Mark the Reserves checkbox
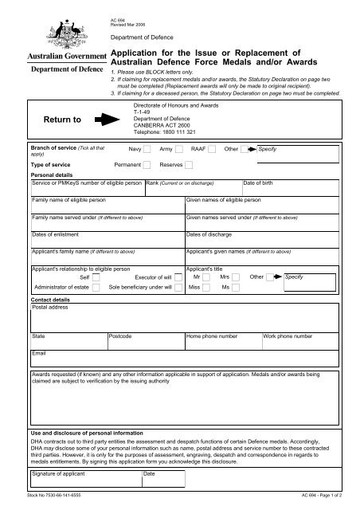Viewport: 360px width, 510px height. point(190,165)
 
